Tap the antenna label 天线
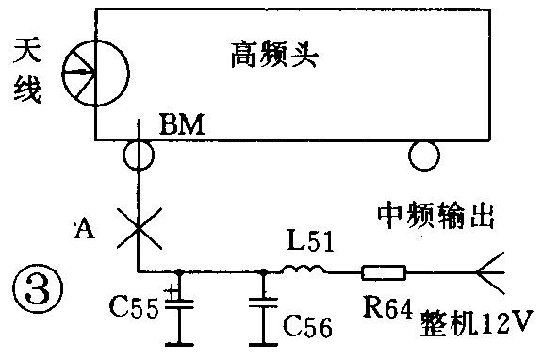tap(25, 74)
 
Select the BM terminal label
tap(176, 123)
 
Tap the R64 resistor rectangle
tap(383, 273)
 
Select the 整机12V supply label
tap(476, 325)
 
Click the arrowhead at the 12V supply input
tap(491, 273)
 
